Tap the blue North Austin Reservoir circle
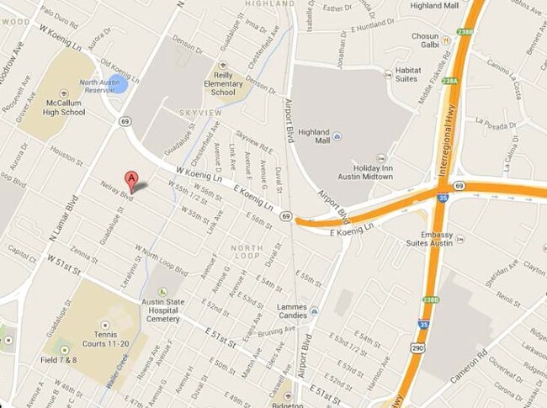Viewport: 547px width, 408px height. (119, 83)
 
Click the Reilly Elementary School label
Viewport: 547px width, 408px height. (224, 87)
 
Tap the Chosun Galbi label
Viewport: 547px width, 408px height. (425, 41)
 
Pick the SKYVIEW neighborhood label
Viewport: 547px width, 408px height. (201, 112)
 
